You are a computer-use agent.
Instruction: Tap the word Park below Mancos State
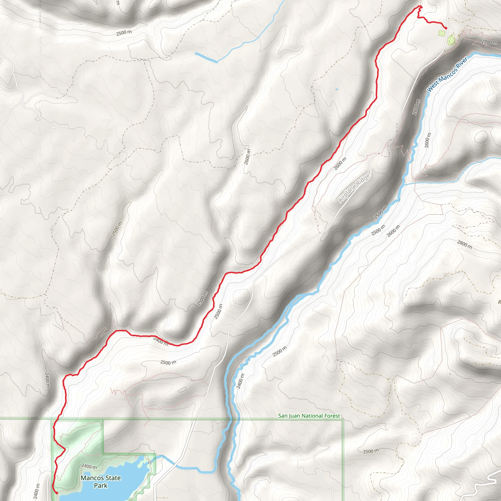[x=101, y=485]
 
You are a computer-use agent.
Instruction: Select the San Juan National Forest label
[x=309, y=416]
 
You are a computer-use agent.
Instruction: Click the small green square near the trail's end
[x=442, y=33]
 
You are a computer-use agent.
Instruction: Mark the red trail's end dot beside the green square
[x=446, y=28]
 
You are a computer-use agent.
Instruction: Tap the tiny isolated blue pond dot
[x=337, y=90]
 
